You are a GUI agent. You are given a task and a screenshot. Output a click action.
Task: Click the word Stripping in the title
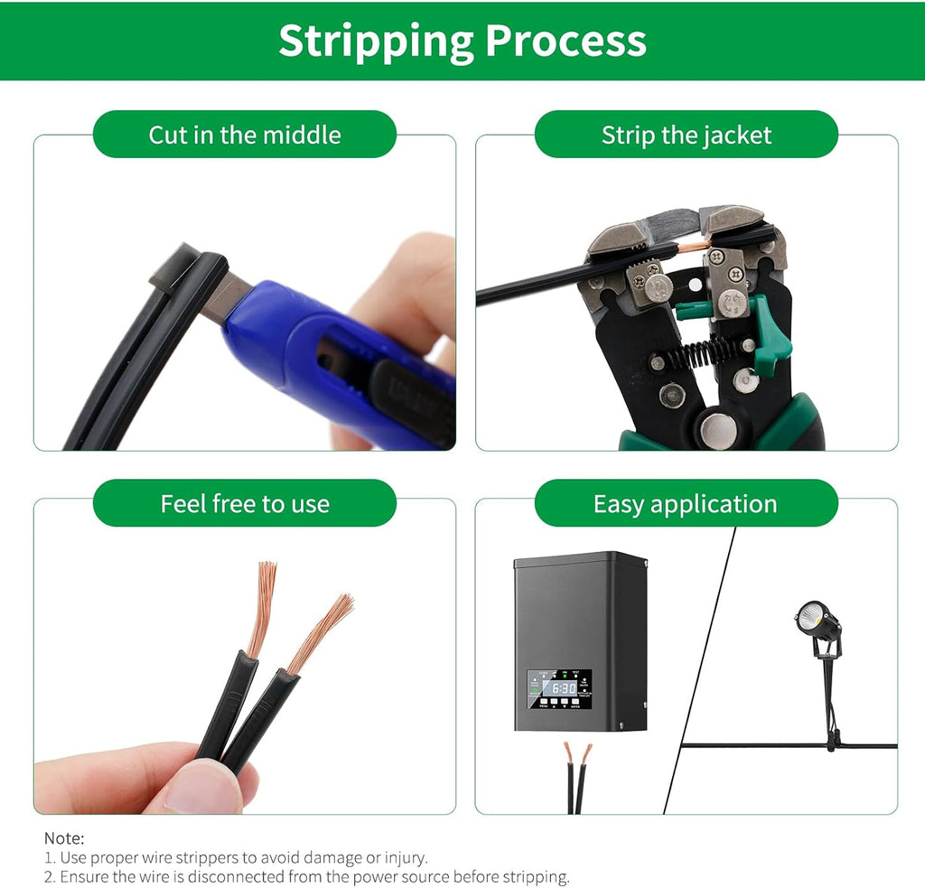click(376, 42)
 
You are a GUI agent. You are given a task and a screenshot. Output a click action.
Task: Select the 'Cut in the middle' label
click(245, 135)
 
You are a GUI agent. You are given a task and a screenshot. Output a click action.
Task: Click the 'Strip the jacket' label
click(687, 136)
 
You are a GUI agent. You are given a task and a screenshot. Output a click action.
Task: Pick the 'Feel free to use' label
click(245, 504)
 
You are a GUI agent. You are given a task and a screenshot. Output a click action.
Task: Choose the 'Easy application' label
click(685, 504)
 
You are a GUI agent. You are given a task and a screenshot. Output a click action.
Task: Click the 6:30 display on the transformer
click(564, 688)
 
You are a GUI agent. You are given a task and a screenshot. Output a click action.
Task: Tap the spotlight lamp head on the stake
click(814, 621)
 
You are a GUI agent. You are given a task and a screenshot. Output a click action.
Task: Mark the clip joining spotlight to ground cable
click(832, 741)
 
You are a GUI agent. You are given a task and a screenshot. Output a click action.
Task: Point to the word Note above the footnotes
click(64, 837)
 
